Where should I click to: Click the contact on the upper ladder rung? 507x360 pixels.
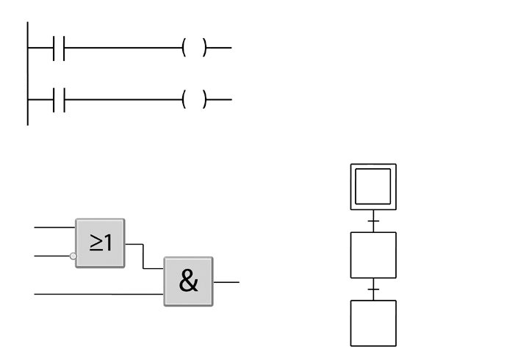(x=59, y=48)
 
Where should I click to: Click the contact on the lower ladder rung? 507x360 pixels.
(x=59, y=99)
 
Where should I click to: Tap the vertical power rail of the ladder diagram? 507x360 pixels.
(x=27, y=73)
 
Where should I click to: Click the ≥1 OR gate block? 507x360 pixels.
(x=100, y=242)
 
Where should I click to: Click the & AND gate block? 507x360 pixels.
(x=188, y=281)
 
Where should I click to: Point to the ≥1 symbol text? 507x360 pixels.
(x=101, y=242)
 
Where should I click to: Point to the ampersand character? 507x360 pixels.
(x=188, y=281)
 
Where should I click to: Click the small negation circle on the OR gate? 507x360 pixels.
(x=73, y=256)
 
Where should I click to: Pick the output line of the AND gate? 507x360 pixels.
(x=226, y=281)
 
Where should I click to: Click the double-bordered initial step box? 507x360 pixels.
(x=373, y=187)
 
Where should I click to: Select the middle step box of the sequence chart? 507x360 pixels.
(x=373, y=255)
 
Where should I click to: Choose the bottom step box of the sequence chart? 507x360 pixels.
(x=373, y=323)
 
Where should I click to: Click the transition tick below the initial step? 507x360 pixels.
(x=373, y=220)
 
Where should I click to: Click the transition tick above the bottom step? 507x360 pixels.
(x=373, y=289)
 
